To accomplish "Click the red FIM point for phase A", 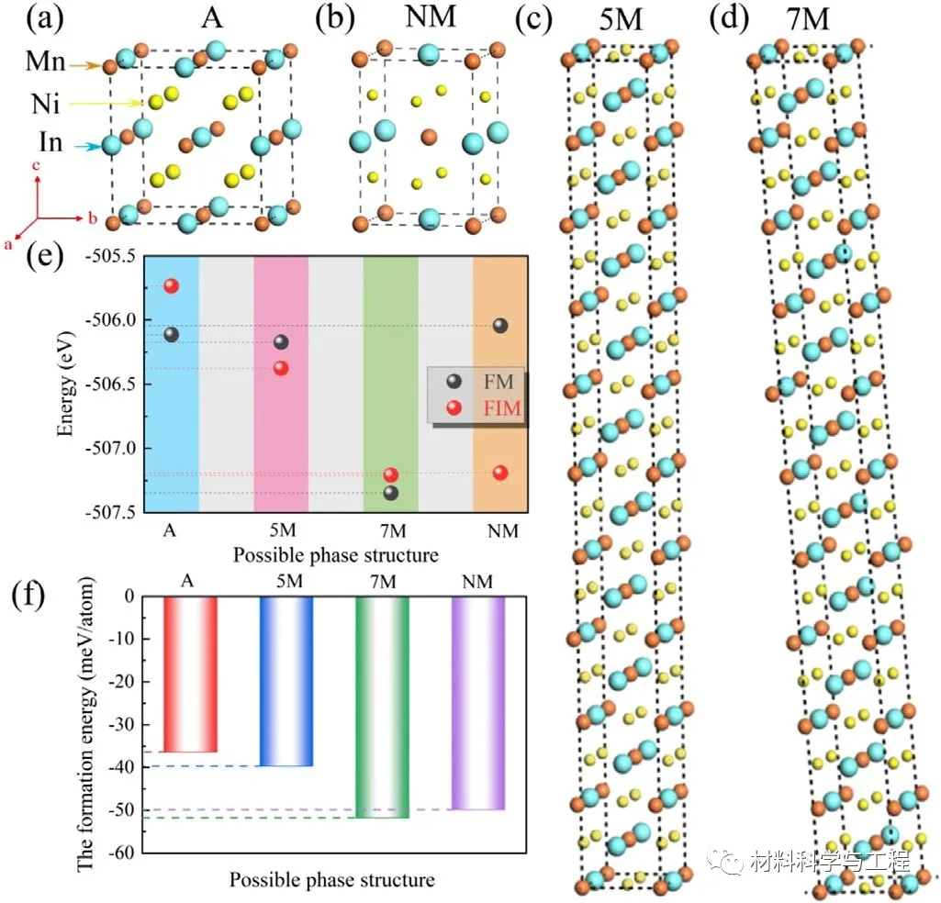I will click(171, 285).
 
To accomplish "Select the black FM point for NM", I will click(500, 325).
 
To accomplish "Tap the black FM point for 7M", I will click(391, 493).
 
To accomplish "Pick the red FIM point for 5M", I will click(281, 368).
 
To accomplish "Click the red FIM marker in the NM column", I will click(500, 473).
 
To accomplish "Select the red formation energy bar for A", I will click(190, 674).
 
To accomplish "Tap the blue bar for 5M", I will click(286, 681).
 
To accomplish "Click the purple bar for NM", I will click(478, 703).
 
